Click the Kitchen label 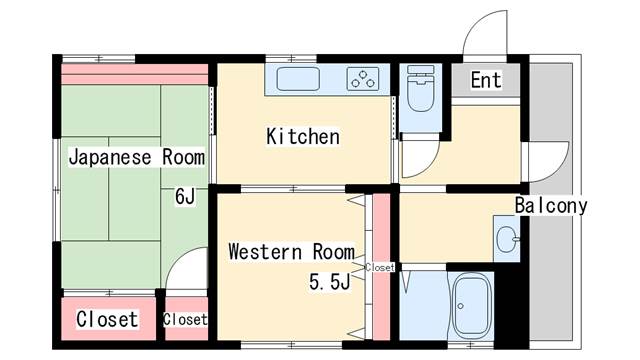pyautogui.click(x=303, y=136)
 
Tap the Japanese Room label pyautogui.click(x=136, y=157)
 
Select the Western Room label pyautogui.click(x=291, y=251)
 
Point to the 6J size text pyautogui.click(x=185, y=196)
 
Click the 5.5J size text pyautogui.click(x=329, y=281)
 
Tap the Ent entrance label pyautogui.click(x=486, y=80)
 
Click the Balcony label pyautogui.click(x=551, y=205)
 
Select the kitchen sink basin pyautogui.click(x=298, y=79)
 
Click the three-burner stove pyautogui.click(x=363, y=79)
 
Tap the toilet pyautogui.click(x=420, y=88)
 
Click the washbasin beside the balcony pyautogui.click(x=507, y=240)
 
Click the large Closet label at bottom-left pyautogui.click(x=107, y=319)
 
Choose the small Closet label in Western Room pyautogui.click(x=380, y=267)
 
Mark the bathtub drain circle pyautogui.click(x=461, y=306)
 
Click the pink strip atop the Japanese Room pyautogui.click(x=134, y=74)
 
